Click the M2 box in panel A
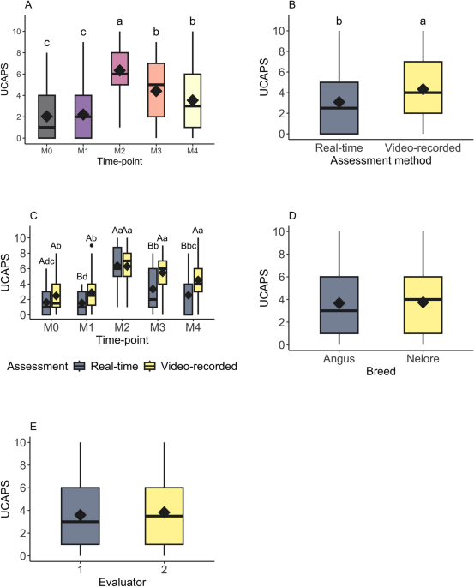[x=120, y=63]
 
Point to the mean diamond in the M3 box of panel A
[x=156, y=90]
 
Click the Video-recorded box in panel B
[x=422, y=87]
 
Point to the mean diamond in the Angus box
[x=339, y=303]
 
